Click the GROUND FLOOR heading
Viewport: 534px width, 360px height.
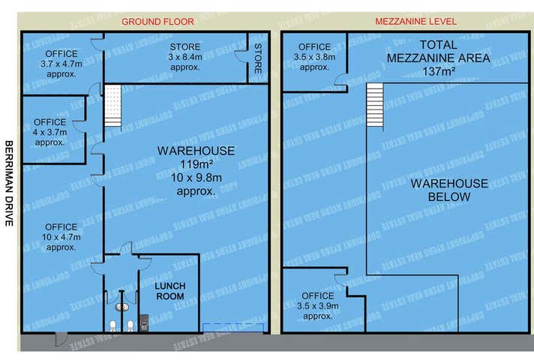click(157, 22)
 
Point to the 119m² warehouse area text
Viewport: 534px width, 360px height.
click(185, 164)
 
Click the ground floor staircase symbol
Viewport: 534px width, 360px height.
click(112, 106)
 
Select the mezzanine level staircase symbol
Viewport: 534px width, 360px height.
click(374, 106)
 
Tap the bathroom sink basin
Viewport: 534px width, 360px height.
click(121, 307)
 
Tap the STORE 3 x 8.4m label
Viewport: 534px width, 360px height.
click(184, 57)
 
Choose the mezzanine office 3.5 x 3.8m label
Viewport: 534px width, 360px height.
click(314, 57)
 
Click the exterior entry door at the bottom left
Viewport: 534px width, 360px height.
click(59, 340)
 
